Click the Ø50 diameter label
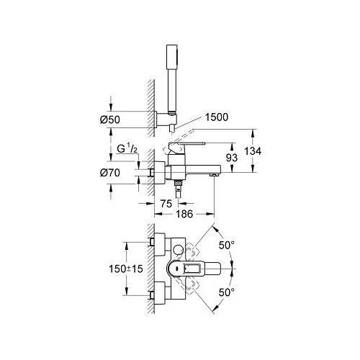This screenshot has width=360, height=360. (109, 120)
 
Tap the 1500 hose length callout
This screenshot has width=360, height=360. (216, 117)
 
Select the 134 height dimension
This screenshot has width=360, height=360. (253, 151)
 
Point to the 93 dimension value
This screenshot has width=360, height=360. (232, 158)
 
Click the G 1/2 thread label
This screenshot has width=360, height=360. (127, 149)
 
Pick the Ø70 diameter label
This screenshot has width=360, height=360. (110, 173)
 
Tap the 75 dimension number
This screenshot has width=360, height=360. (166, 204)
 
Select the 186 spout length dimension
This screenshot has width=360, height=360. (184, 214)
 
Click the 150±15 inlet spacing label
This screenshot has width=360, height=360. (126, 269)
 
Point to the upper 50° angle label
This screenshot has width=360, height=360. (227, 245)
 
